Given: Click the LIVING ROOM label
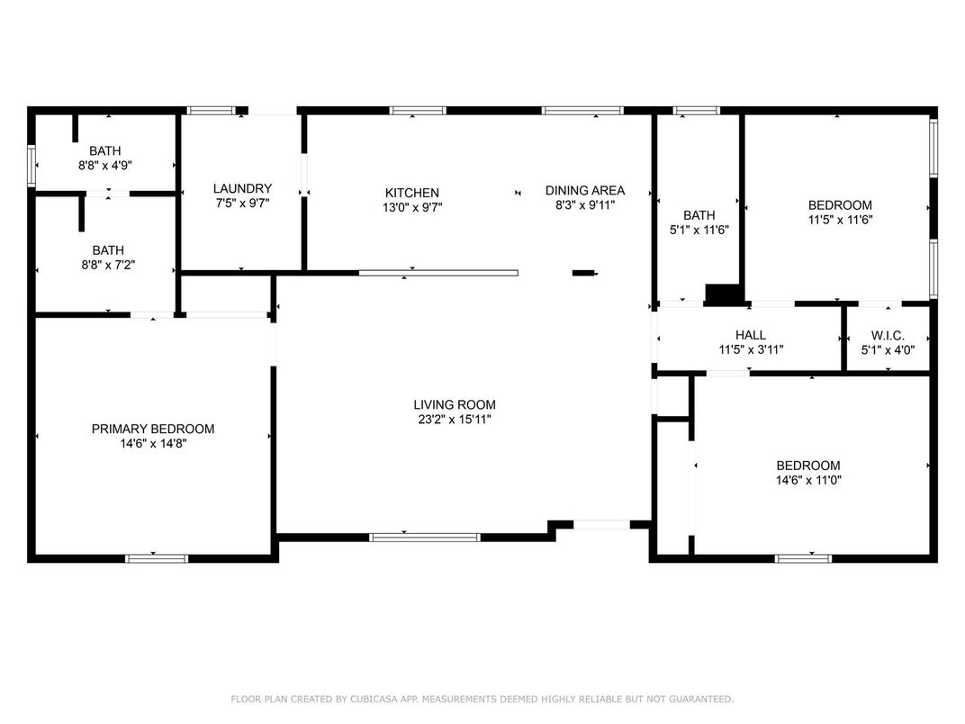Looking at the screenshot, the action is coord(455,404).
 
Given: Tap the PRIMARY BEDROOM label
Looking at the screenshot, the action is coord(153,429).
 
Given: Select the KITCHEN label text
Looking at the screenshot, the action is coord(411,193).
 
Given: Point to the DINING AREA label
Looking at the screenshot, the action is coord(584,190).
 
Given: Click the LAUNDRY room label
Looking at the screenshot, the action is coord(242,188).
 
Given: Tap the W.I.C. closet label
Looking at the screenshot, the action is coord(888,336).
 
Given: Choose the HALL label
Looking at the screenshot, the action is coord(750,335).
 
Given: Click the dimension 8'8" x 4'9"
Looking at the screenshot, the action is coord(105,165).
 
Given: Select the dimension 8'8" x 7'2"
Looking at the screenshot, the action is coord(108,265).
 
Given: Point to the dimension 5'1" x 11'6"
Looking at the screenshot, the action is coord(699,230).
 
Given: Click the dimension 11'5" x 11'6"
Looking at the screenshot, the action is coord(840,219).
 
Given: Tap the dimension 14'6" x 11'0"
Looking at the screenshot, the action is coord(808,480).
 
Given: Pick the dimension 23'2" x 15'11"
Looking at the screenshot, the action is coord(455,420).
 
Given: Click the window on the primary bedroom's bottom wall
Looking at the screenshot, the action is coord(157,558).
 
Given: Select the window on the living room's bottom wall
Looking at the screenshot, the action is coord(425,538).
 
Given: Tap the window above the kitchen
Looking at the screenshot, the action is coord(418,111).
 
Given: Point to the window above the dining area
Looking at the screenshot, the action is coord(582,111).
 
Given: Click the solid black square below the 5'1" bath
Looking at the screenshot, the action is coord(723,294).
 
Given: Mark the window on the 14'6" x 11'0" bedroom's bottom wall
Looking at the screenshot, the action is coord(803,558).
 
